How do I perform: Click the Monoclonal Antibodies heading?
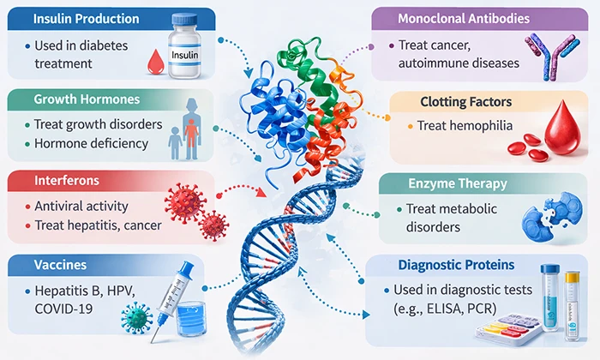click(463, 18)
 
